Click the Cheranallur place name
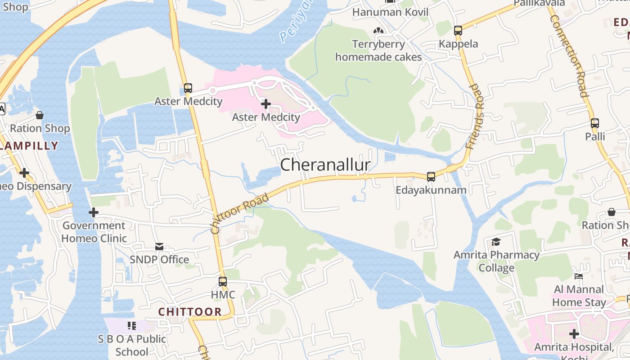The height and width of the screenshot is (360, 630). tap(325, 165)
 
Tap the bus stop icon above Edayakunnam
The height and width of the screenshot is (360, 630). tap(431, 177)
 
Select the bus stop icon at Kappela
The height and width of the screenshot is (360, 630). tap(458, 31)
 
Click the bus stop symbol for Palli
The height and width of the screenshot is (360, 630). tap(595, 123)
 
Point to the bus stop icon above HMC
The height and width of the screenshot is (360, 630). tap(223, 282)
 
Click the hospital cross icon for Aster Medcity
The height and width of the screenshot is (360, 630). tap(266, 104)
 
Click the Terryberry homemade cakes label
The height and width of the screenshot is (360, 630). tap(378, 50)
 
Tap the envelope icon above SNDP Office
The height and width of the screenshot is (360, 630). tap(159, 247)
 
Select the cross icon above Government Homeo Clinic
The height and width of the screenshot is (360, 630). tap(94, 212)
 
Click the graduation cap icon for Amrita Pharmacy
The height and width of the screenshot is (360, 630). tap(496, 242)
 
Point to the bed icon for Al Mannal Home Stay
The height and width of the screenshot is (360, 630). tap(579, 276)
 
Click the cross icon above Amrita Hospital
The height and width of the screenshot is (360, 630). tap(574, 334)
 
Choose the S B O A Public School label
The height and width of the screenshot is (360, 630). tap(132, 345)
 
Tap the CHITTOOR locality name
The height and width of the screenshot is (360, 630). tap(190, 311)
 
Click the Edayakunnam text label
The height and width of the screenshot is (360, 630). tap(431, 190)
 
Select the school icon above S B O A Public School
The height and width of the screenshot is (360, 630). tap(132, 325)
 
